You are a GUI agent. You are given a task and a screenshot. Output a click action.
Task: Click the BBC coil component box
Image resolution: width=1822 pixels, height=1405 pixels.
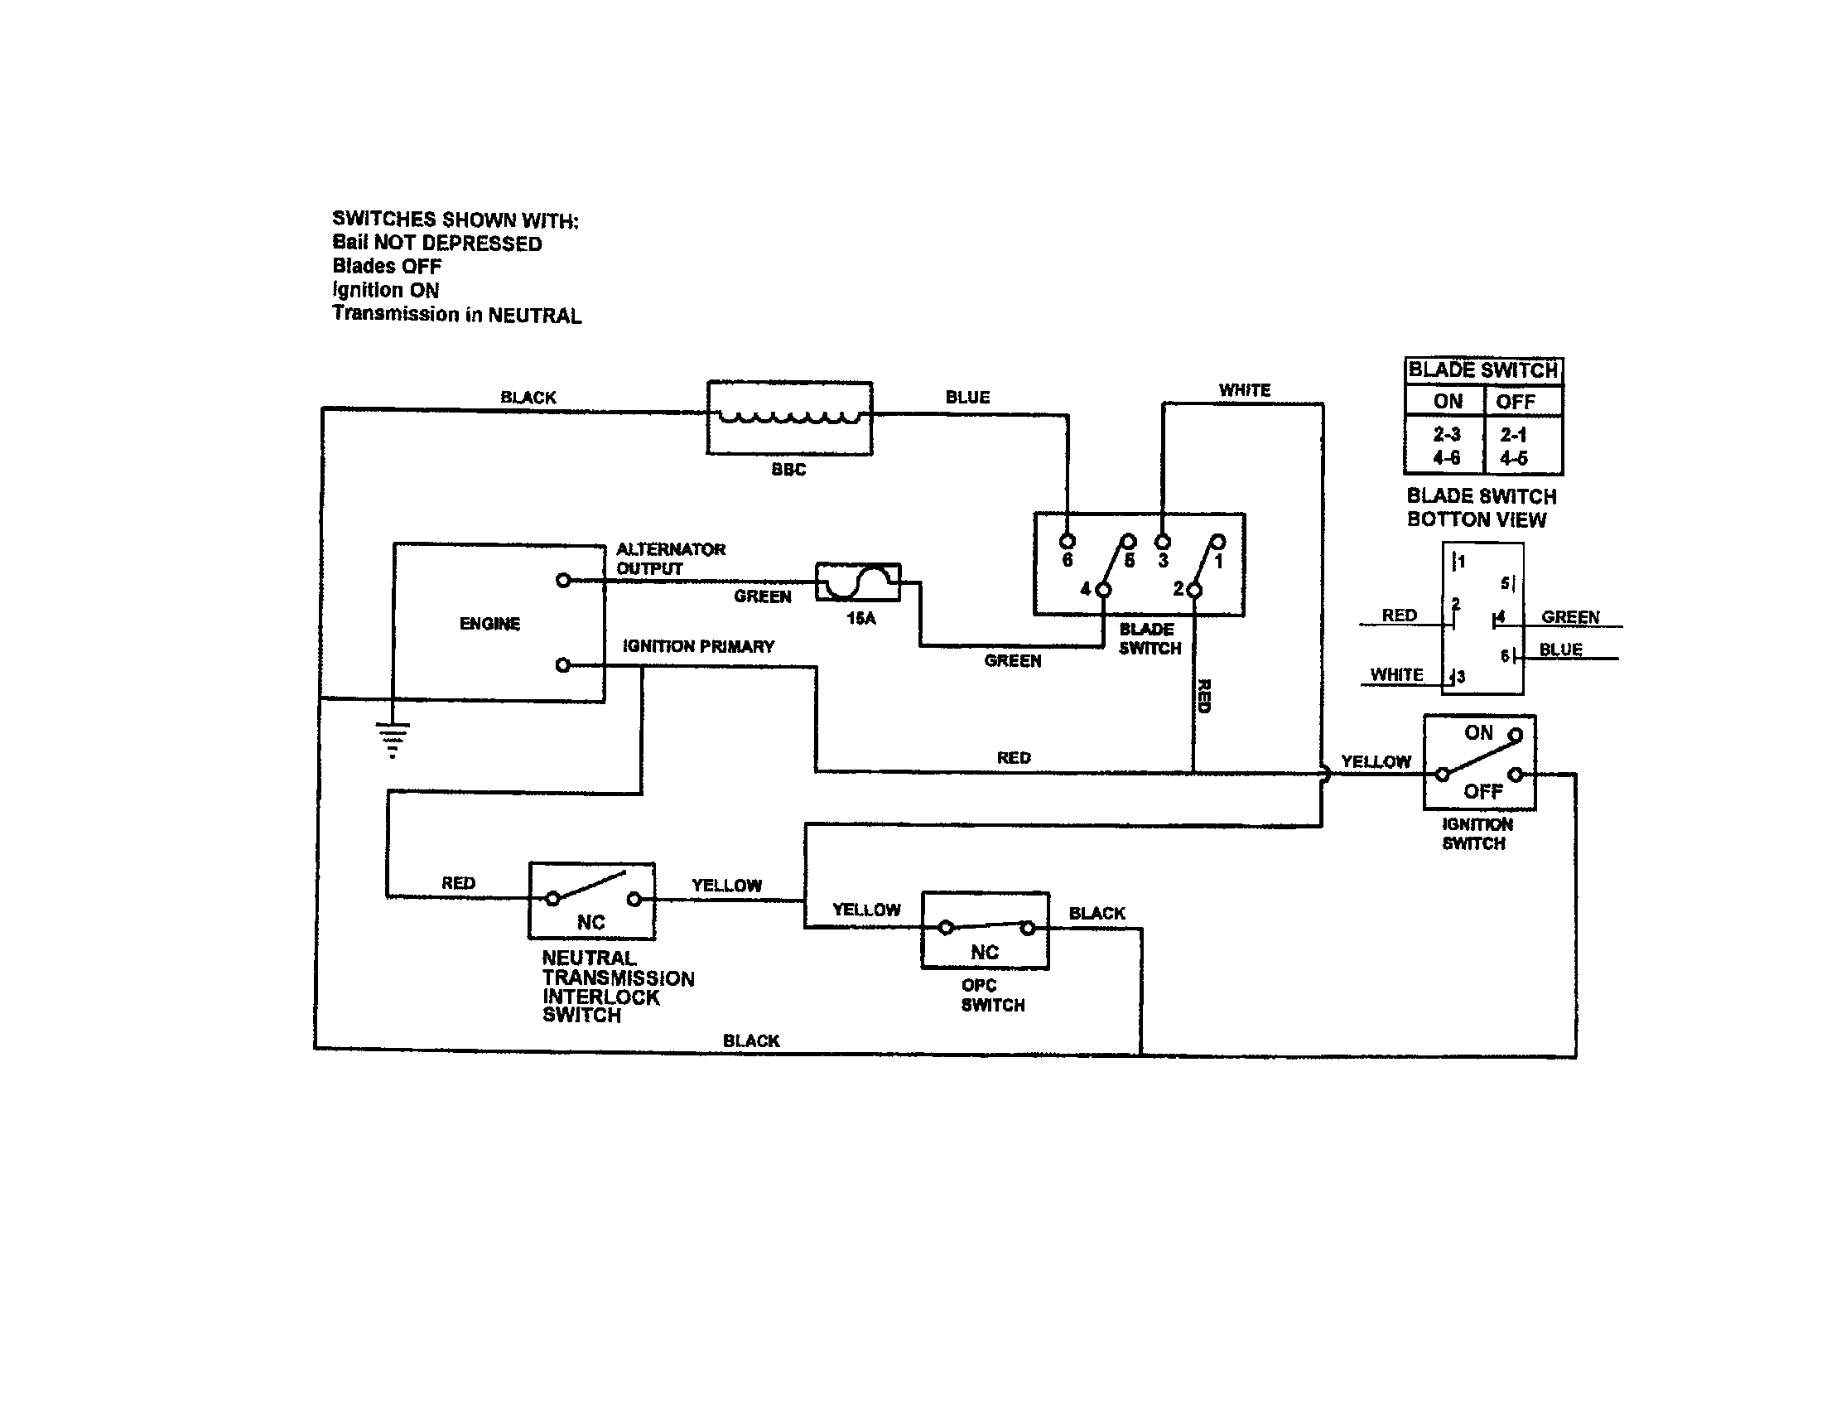789,418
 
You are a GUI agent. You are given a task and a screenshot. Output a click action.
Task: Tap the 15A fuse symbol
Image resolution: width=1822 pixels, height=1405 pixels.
858,582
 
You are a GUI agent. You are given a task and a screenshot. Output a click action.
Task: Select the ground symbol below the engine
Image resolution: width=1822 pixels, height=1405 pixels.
392,738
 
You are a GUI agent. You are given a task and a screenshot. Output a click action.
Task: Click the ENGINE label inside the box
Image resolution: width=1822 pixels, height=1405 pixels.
489,623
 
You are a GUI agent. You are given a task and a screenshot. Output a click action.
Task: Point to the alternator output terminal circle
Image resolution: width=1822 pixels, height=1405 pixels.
563,580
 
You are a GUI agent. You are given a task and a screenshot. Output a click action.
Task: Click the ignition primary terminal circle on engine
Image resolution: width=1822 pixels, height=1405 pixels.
563,665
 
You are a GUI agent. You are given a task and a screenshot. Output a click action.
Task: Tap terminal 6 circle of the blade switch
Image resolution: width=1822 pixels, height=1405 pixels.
1067,541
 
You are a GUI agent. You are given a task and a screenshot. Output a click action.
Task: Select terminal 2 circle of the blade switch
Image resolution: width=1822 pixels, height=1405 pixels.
1193,590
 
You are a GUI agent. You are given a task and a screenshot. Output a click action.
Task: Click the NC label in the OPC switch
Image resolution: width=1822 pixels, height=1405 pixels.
985,952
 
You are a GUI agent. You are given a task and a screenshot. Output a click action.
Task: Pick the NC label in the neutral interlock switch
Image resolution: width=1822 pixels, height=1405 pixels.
590,922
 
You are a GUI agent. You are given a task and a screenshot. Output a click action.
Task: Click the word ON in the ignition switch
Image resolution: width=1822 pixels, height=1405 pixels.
1478,732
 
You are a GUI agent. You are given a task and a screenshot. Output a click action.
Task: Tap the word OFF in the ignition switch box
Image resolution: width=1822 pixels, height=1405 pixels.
1482,791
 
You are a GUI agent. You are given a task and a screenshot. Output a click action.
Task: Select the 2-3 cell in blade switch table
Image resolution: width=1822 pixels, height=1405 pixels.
1447,434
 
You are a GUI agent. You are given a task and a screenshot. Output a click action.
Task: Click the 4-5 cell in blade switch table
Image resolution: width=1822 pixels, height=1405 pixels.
1513,458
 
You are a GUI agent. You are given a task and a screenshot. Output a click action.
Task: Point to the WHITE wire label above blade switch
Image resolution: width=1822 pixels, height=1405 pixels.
1244,389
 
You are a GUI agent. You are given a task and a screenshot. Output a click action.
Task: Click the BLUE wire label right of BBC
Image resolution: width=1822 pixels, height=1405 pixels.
966,397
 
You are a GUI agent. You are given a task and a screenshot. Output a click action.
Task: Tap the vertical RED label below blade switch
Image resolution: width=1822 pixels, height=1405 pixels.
1204,696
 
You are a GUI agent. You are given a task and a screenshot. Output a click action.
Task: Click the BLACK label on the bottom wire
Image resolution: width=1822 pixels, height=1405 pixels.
751,1040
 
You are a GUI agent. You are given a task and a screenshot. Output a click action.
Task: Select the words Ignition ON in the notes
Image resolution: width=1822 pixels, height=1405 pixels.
385,289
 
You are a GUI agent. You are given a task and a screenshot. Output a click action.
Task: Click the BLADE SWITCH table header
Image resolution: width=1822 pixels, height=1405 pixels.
1482,369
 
